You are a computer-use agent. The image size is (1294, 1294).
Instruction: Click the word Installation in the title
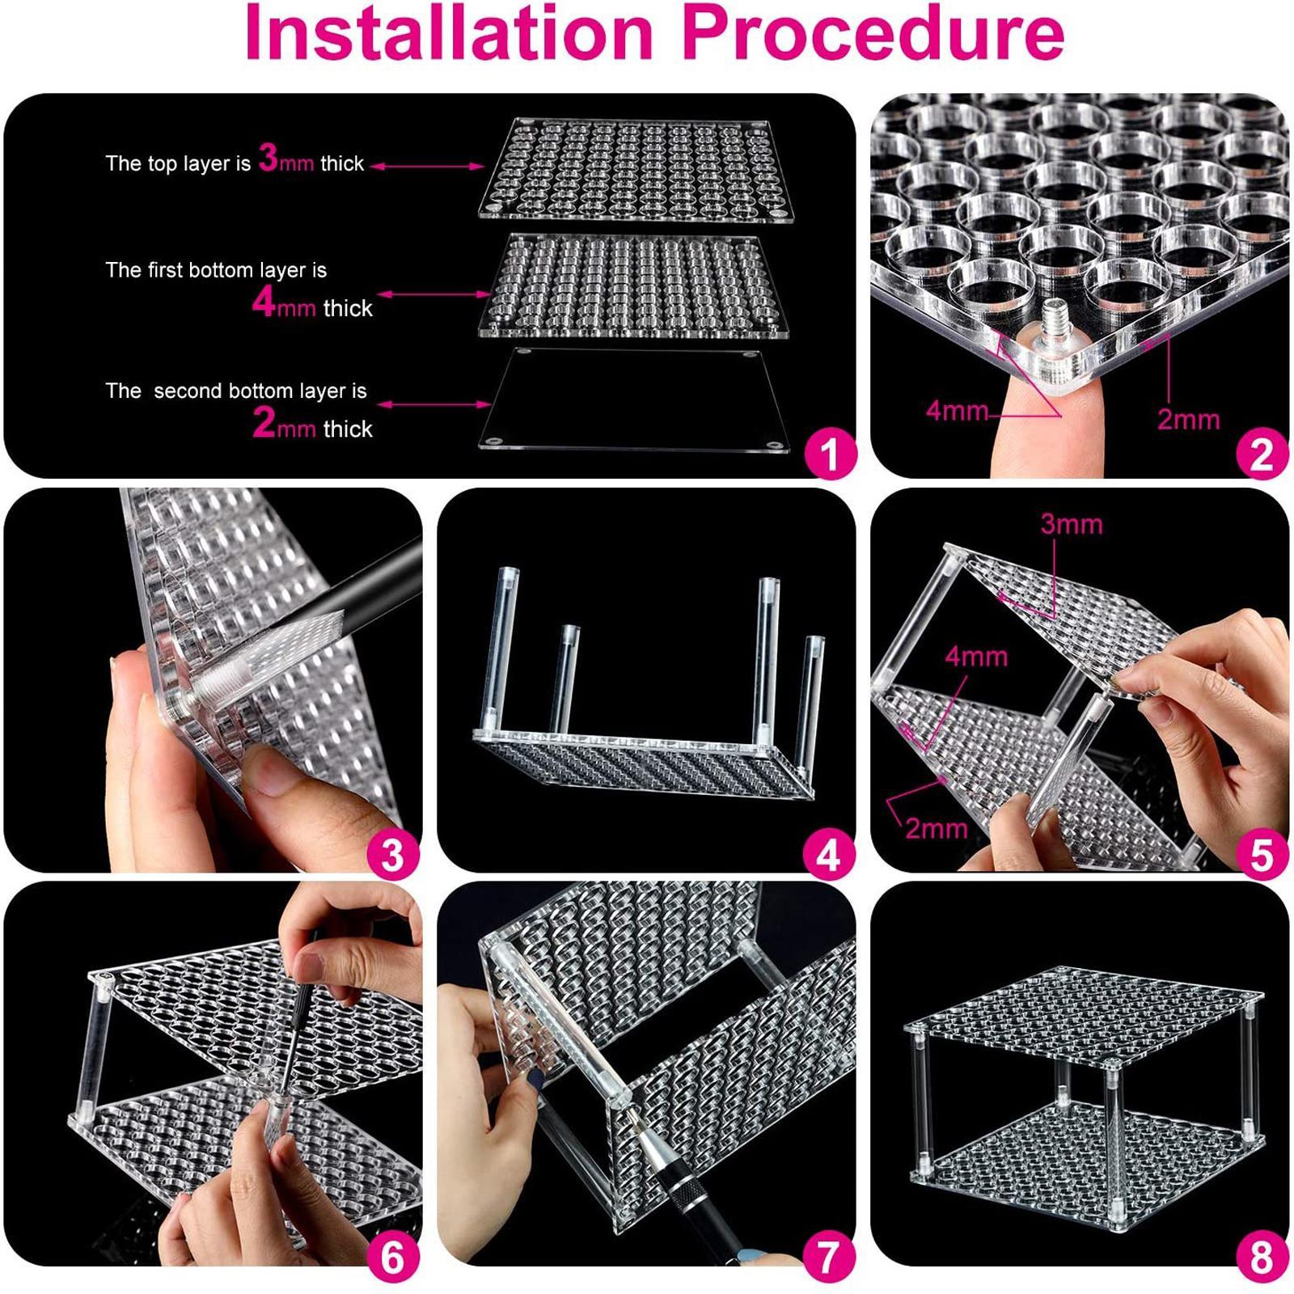pos(449,32)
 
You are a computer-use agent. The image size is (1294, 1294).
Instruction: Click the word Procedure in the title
pos(873,32)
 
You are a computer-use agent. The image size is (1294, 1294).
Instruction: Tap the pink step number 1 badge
pos(829,453)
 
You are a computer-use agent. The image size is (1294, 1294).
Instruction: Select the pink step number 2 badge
pos(1262,453)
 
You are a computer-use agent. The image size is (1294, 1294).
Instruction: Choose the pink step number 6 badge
pos(392,1257)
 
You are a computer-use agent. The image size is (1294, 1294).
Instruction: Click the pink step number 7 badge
pos(829,1257)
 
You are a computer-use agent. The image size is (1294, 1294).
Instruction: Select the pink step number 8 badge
pos(1262,1257)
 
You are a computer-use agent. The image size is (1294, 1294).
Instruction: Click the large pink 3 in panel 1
pos(269,158)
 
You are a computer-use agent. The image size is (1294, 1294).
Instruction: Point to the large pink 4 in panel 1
pos(264,302)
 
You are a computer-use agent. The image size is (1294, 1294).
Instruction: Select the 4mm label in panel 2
pos(958,411)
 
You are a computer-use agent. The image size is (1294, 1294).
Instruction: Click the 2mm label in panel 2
pos(1188,419)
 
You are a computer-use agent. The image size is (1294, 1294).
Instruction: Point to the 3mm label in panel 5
pos(1072,524)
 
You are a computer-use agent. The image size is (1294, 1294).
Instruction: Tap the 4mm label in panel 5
pos(976,656)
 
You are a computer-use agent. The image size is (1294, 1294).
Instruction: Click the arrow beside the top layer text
pos(427,166)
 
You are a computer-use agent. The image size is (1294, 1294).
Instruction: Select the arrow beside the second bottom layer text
pos(434,404)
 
